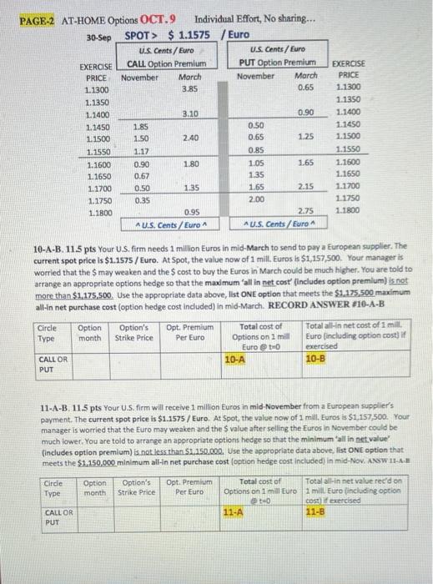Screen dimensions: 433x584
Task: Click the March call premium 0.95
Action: click(191, 212)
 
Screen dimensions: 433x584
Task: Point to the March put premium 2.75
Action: click(306, 212)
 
